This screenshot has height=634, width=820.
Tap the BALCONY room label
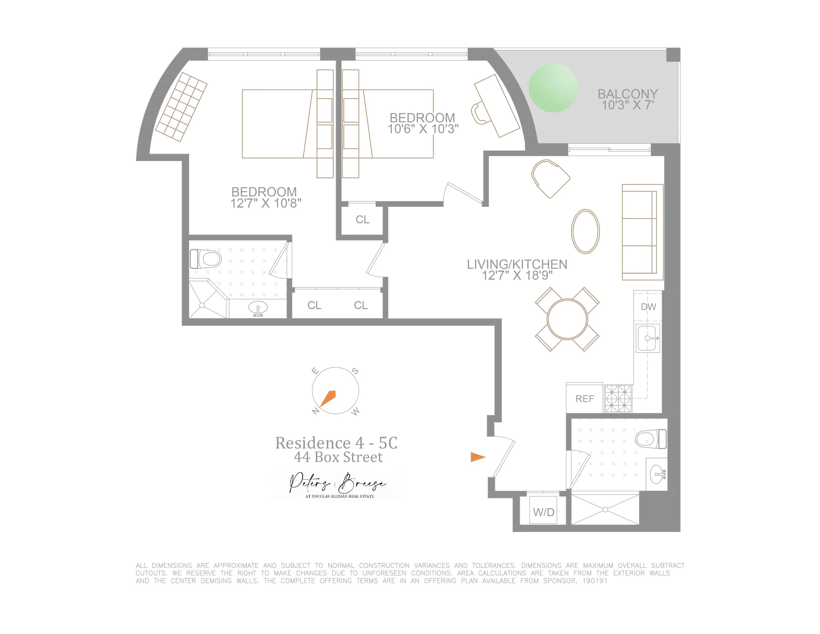[627, 94]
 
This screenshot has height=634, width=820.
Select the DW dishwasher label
[648, 307]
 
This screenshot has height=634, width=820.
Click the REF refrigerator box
[585, 399]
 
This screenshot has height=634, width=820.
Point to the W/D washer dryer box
[543, 512]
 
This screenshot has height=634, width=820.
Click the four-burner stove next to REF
[618, 399]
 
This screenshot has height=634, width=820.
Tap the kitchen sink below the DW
[647, 338]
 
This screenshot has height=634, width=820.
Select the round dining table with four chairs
[567, 319]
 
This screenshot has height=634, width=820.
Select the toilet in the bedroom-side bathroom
[206, 259]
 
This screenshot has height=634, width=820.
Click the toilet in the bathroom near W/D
[651, 439]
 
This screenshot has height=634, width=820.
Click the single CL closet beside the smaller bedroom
[362, 219]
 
